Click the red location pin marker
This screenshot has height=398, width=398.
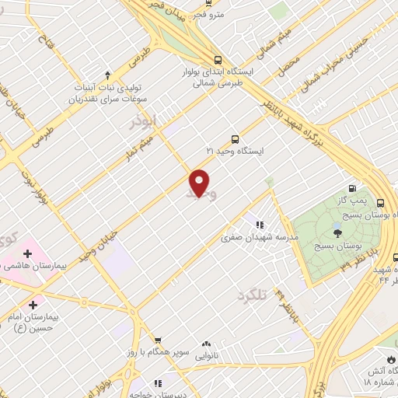coord(200,183)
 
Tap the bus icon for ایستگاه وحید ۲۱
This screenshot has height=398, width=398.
coord(235,138)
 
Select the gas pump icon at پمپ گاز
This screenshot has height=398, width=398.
coord(352,187)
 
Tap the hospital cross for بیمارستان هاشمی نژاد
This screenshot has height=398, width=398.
coord(27,253)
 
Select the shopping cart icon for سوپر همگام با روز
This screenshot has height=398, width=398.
coord(158,341)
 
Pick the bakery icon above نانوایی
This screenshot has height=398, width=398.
coord(206,344)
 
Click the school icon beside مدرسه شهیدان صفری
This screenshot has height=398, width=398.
coord(259,225)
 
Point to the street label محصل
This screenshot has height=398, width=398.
coord(289,71)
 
